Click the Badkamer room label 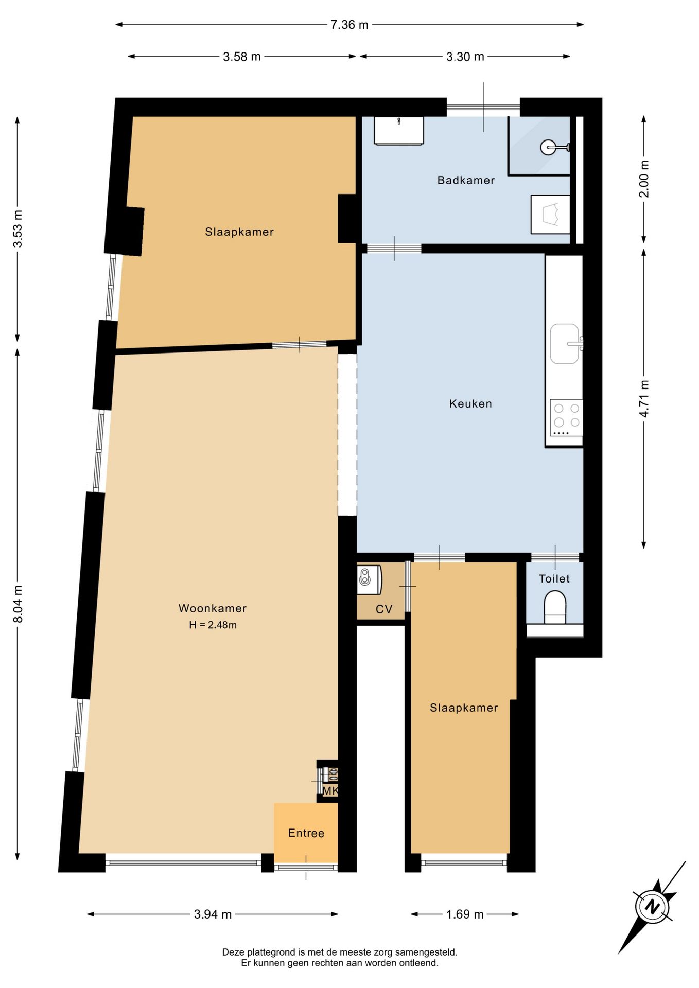[466, 180]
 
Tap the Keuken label [470, 404]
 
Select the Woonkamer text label [213, 608]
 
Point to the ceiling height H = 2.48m [213, 625]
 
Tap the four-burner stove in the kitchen [566, 417]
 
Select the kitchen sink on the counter [565, 344]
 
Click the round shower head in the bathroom [548, 148]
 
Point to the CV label [384, 609]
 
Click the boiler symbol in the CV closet [369, 580]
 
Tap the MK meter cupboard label [330, 790]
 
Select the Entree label [306, 833]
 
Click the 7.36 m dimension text [349, 25]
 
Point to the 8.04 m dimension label [18, 604]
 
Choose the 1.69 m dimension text [465, 914]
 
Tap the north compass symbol [653, 906]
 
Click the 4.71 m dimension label [644, 399]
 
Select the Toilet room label [554, 579]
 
